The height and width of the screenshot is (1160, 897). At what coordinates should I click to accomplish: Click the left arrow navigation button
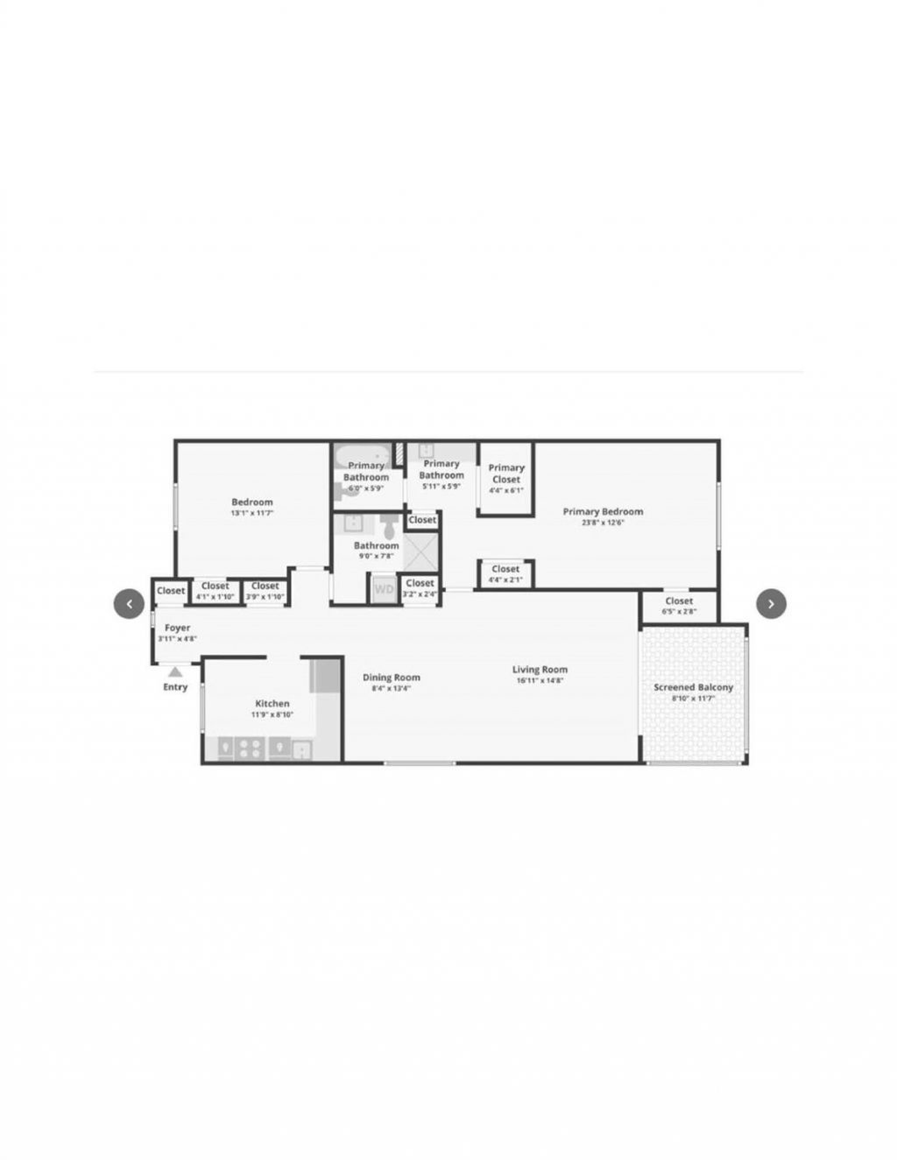[129, 603]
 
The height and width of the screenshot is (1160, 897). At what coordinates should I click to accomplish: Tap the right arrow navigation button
[771, 603]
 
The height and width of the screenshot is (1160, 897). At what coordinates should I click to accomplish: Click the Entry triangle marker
[175, 672]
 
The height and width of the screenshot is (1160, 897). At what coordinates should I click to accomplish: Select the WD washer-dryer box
[384, 589]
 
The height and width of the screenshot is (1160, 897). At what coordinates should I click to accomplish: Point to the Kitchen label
[272, 703]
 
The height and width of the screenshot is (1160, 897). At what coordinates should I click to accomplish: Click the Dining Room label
[392, 677]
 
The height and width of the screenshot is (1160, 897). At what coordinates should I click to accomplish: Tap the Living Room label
[540, 670]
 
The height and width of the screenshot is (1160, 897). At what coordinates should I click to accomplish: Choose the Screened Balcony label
[693, 687]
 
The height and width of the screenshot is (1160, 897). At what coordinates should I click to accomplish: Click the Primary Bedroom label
[603, 511]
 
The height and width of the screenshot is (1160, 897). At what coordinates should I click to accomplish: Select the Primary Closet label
[506, 474]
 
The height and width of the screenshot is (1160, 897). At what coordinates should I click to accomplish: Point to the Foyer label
[177, 628]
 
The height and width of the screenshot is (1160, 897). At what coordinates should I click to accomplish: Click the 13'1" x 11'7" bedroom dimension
[252, 513]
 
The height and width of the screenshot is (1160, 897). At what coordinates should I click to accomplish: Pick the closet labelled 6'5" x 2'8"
[679, 605]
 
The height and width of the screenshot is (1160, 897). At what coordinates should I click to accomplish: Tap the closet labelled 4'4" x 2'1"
[505, 573]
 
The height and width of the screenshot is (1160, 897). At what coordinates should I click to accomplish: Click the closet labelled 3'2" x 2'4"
[420, 587]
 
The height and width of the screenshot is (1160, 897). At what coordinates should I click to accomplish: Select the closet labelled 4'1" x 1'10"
[215, 591]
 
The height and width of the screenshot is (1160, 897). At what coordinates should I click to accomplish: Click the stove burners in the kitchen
[250, 748]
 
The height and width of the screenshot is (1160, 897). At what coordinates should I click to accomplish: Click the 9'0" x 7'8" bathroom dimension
[376, 556]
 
